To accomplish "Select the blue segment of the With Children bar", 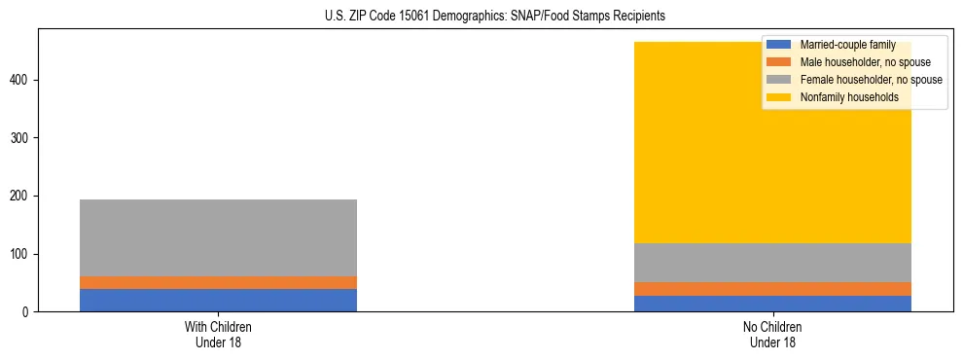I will [x=218, y=300].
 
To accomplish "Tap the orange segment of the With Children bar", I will [x=218, y=282].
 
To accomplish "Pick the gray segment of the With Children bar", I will [x=218, y=237].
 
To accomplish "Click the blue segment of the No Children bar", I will [x=772, y=304].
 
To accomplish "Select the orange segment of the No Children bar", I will [x=772, y=289].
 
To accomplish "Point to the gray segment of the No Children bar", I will [x=772, y=263].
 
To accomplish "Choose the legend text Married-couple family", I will [x=847, y=46].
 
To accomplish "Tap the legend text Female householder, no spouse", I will [x=871, y=80].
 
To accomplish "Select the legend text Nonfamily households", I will [x=848, y=97].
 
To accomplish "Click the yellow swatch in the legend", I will [x=779, y=97].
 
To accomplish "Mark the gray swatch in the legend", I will [x=779, y=80].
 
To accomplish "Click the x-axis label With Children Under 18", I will [x=218, y=335].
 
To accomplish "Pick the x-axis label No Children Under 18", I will [x=772, y=335].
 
